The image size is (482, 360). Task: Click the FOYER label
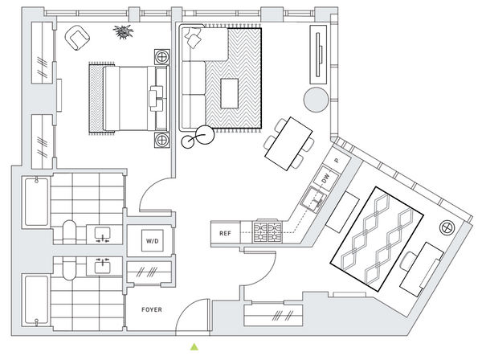152,309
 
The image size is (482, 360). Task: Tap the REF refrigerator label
225,233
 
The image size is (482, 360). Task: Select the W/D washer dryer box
153,241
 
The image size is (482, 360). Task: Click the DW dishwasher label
326,178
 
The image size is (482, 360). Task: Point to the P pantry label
337,161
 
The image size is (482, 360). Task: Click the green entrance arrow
194,346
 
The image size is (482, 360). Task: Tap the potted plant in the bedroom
123,31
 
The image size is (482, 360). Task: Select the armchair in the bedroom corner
77,38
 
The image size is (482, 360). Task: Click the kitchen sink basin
313,199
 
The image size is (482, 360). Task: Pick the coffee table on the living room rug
229,93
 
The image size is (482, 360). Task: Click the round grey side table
316,100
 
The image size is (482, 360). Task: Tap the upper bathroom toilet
69,231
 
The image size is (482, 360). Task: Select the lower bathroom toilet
69,268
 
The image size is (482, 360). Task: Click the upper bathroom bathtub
36,202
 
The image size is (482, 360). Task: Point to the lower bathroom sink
102,267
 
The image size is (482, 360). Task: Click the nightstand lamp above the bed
161,56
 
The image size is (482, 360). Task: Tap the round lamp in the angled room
446,227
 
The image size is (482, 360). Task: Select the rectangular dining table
288,144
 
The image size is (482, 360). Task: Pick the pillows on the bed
156,98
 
